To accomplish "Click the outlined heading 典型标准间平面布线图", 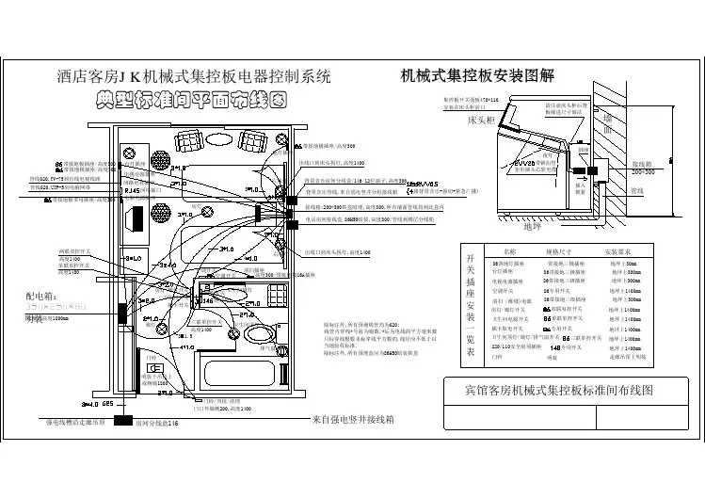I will tap(188, 98).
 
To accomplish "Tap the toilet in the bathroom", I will tap(257, 335).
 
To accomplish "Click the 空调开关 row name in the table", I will tap(506, 291).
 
